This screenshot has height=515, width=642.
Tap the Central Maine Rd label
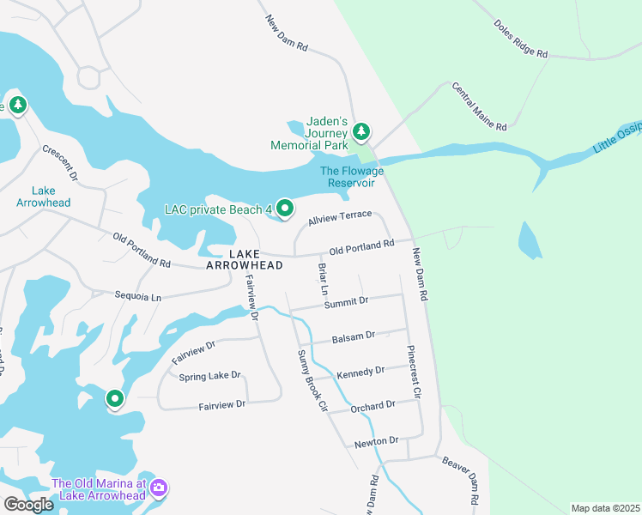[479, 107]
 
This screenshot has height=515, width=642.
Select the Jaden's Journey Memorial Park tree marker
[362, 131]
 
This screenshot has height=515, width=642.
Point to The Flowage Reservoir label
[352, 177]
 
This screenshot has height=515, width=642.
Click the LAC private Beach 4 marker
[285, 209]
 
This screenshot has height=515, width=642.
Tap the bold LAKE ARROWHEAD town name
[245, 260]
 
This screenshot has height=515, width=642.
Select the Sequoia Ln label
[138, 296]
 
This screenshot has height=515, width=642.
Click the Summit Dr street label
[346, 301]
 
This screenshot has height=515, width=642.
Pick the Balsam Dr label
[359, 336]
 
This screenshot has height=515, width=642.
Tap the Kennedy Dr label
[360, 372]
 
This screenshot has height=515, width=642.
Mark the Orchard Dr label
[372, 405]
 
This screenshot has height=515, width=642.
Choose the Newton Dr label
[377, 440]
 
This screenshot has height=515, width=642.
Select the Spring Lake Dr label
[209, 376]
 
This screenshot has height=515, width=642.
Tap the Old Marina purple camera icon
[158, 488]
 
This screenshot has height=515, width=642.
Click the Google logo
[28, 505]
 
